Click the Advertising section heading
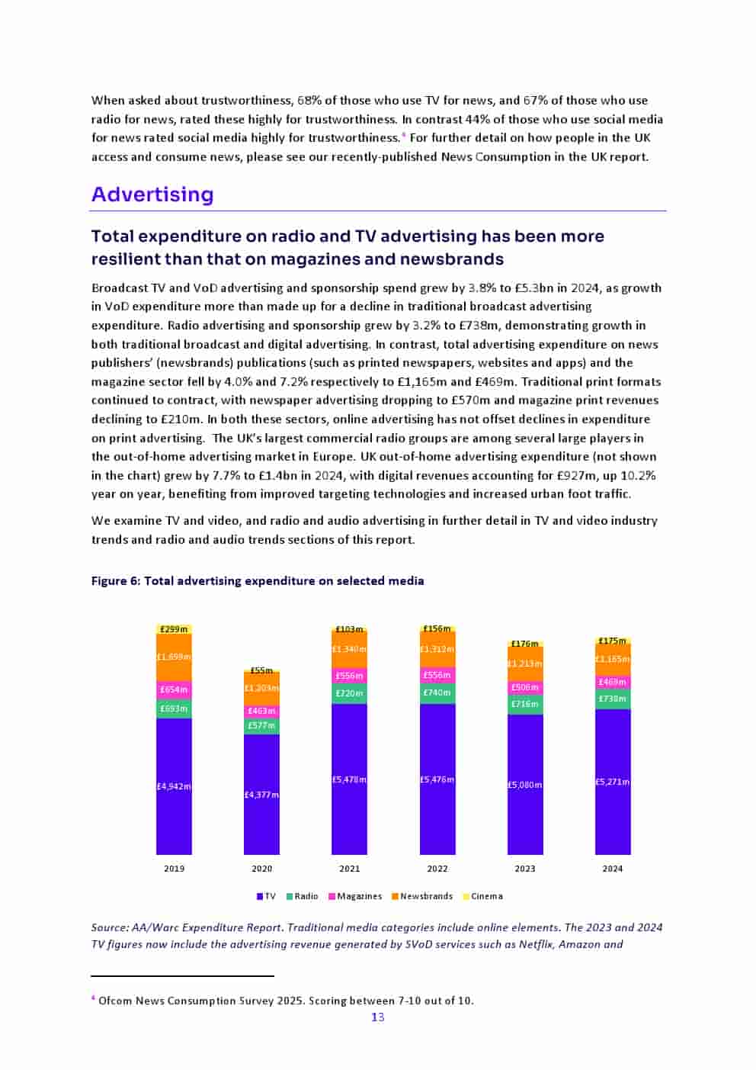click(152, 194)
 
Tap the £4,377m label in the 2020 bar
click(261, 795)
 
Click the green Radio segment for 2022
click(437, 693)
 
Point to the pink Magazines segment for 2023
click(525, 687)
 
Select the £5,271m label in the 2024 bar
click(613, 782)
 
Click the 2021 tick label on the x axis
click(349, 869)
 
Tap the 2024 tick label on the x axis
click(613, 869)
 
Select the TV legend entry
click(267, 896)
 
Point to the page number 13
click(378, 1017)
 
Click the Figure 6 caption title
click(258, 581)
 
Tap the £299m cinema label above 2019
click(174, 629)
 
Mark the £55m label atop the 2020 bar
click(261, 670)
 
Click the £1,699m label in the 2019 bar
click(174, 657)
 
